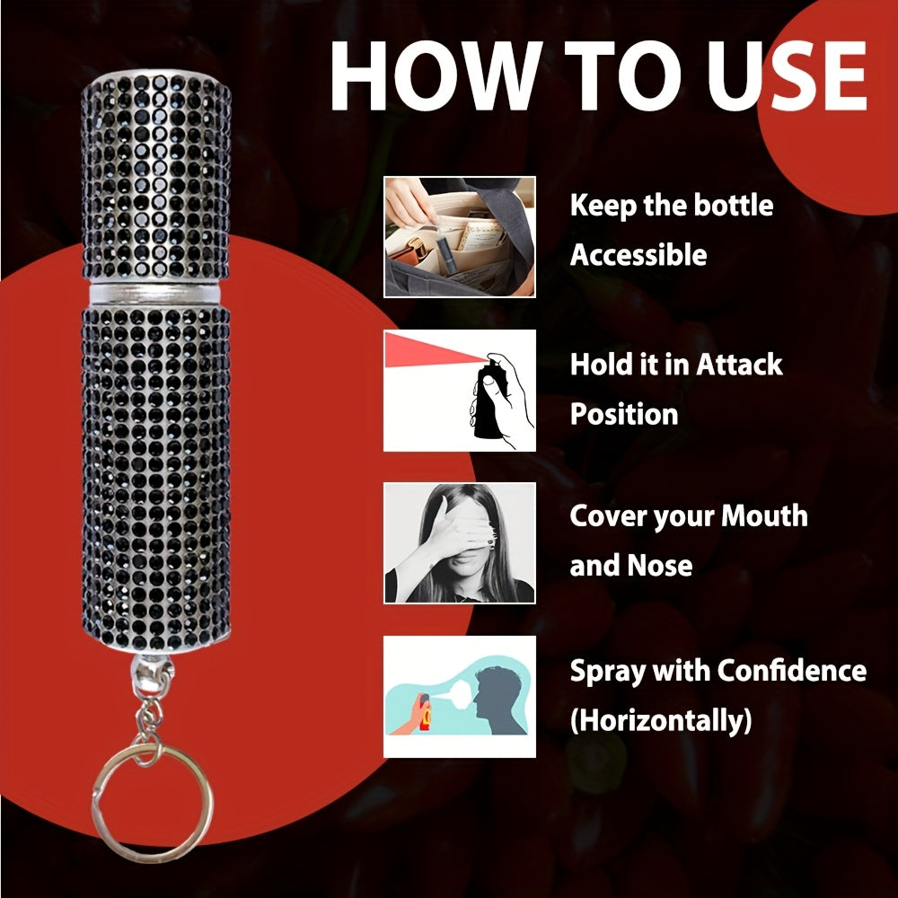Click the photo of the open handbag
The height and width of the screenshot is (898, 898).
(460, 236)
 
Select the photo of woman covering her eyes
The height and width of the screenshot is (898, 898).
(460, 542)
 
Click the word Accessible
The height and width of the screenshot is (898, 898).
(638, 255)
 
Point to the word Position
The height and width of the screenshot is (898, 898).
(624, 415)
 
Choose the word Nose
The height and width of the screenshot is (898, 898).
(661, 567)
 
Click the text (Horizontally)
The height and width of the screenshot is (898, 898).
(661, 720)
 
